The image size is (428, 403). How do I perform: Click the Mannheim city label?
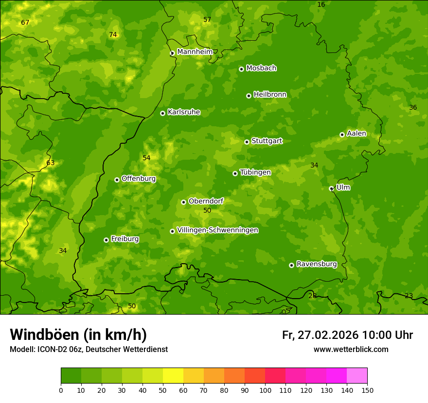[195, 52]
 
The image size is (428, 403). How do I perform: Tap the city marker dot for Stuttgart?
[247, 142]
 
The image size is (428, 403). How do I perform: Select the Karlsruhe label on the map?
[184, 112]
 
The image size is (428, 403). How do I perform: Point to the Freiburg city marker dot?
[106, 240]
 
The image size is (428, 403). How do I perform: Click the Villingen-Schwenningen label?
[217, 230]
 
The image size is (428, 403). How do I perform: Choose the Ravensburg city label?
[317, 264]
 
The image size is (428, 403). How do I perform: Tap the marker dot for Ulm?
[331, 188]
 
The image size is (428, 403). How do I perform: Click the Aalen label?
[357, 134]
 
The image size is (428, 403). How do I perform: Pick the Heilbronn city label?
[270, 95]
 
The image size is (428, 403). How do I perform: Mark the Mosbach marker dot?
[241, 69]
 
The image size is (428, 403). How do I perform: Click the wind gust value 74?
[113, 34]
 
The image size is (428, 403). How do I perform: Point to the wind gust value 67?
[25, 23]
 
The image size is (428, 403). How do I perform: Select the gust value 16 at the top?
[321, 5]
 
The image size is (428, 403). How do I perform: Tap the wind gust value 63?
[51, 163]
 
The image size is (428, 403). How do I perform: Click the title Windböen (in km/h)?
[78, 335]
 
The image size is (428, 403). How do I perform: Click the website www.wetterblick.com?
[351, 349]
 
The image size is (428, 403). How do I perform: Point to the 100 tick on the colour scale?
[265, 390]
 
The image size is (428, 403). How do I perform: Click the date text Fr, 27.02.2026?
[320, 335]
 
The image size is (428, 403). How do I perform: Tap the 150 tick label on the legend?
[367, 390]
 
